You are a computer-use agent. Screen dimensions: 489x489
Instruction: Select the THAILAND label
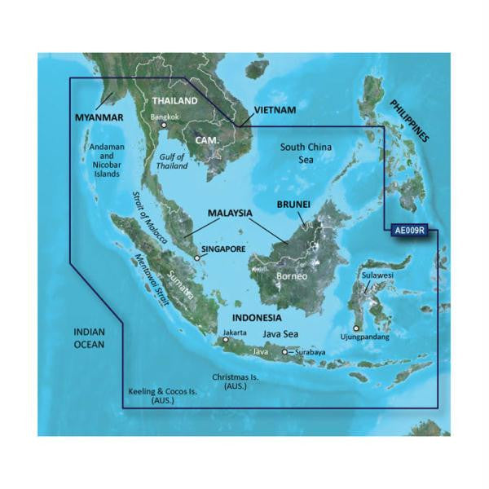point(174,100)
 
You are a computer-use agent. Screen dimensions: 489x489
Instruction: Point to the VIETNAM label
point(275,109)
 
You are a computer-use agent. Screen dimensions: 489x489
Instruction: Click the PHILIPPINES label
point(408,121)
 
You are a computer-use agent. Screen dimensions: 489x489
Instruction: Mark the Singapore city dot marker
point(196,260)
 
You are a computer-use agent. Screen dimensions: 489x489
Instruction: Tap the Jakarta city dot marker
point(227,341)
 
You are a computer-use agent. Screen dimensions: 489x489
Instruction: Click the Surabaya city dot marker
point(284,352)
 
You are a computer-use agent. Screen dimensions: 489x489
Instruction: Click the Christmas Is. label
point(236,382)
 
